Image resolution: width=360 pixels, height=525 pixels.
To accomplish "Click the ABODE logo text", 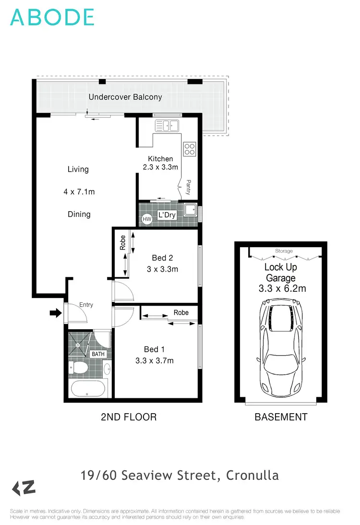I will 52,17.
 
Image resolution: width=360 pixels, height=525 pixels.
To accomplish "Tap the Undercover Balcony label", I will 125,97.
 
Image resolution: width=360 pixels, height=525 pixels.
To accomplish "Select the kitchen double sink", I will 167,126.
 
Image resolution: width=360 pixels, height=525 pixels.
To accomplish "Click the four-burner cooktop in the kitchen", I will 190,149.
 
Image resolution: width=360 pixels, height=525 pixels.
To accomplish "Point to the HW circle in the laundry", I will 146,219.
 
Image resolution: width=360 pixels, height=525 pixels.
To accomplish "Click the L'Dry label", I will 167,215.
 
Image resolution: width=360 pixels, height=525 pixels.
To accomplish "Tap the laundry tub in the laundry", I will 192,210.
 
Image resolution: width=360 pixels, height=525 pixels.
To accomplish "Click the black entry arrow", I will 56,313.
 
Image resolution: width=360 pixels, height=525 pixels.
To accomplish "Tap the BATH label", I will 98,354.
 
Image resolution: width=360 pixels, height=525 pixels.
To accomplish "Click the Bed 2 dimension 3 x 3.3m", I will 162,269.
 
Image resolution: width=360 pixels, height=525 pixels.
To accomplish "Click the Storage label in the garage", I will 284,251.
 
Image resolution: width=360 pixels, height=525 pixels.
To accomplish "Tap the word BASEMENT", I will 281,417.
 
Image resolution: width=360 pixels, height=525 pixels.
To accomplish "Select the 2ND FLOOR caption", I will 129,417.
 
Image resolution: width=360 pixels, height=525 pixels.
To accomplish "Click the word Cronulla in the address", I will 252,476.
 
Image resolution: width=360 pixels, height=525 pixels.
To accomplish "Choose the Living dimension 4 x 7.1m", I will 79,192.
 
